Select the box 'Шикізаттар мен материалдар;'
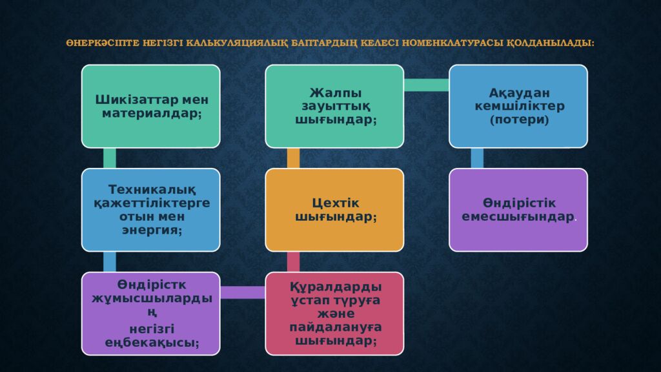tap(151, 107)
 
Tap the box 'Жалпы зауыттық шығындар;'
tap(335, 107)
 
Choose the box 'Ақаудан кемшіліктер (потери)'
tap(518, 107)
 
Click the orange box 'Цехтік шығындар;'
tap(335, 210)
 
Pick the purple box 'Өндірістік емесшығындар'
tap(518, 210)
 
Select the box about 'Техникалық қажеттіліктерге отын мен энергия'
tap(151, 210)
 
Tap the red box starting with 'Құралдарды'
tap(335, 314)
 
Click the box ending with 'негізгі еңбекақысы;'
tap(151, 314)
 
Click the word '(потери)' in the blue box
tap(520, 119)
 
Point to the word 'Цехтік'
tap(336, 203)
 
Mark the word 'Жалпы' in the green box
tap(336, 93)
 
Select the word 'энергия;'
tap(152, 231)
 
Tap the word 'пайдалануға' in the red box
tap(336, 327)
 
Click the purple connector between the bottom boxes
tap(243, 293)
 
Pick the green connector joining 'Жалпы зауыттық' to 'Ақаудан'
tap(427, 85)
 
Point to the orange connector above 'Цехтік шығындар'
tap(294, 158)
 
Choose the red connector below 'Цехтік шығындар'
tap(294, 262)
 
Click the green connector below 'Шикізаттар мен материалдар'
tap(110, 158)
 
